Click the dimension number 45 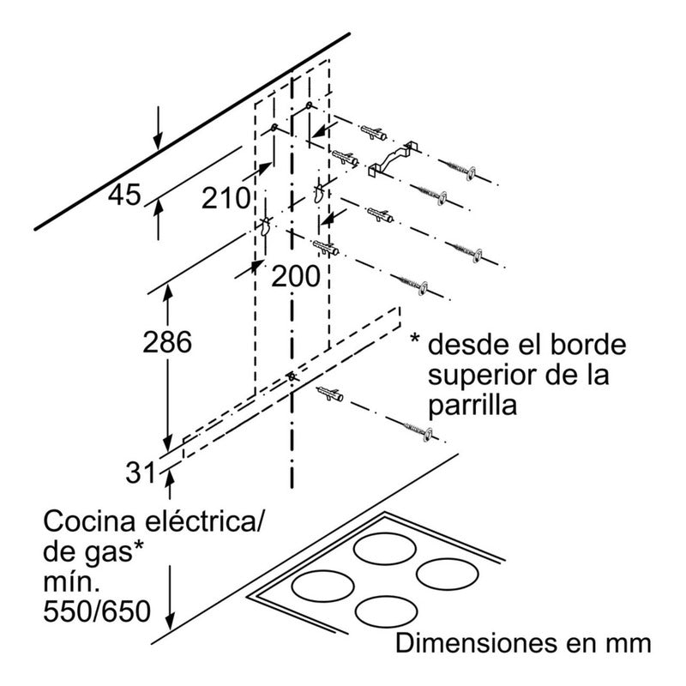124,196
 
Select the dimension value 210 226,199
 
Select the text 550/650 96,613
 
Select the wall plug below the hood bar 331,395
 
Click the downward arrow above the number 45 156,129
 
